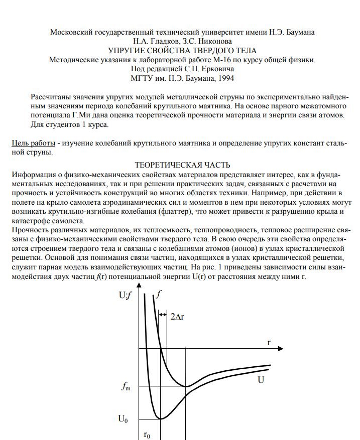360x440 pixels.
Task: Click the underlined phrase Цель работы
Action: click(33, 143)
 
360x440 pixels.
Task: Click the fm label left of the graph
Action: click(125, 386)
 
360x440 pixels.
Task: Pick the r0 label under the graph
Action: click(147, 434)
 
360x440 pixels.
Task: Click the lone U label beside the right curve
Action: click(261, 380)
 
